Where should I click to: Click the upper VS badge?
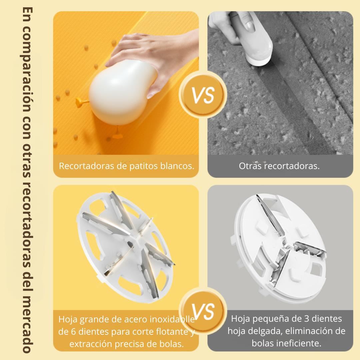pos(203,95)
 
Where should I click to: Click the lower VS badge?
pos(203,311)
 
